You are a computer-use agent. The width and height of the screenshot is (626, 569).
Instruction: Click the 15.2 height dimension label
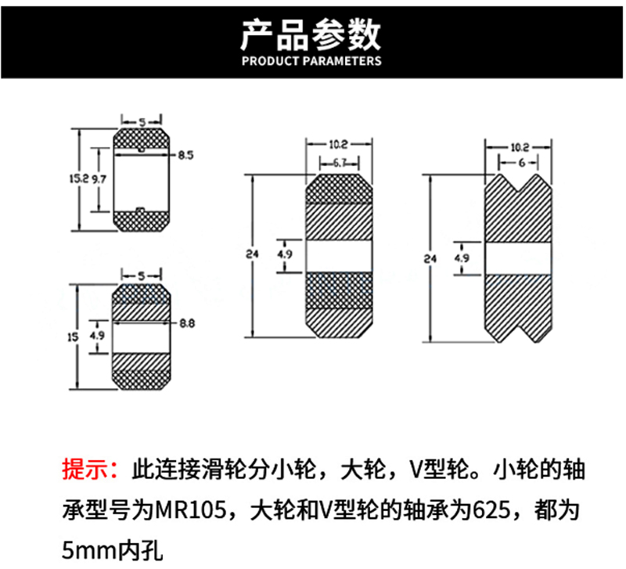(79, 178)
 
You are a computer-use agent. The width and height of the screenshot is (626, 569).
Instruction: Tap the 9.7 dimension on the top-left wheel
(99, 179)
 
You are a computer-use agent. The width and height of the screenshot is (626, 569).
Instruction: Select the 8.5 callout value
(185, 155)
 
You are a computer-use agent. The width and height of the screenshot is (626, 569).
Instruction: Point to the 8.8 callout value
(187, 323)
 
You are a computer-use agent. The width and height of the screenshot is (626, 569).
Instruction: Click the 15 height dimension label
(73, 337)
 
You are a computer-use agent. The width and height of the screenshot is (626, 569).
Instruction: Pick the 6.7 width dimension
(339, 163)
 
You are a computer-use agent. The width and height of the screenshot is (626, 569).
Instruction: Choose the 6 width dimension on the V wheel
(521, 163)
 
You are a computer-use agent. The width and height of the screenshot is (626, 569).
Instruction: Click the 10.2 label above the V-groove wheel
(520, 148)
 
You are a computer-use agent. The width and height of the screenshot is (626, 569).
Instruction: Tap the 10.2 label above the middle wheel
(339, 145)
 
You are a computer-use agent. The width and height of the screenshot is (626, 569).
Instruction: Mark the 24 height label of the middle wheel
(252, 254)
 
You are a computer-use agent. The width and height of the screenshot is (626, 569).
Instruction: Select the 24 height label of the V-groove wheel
(430, 259)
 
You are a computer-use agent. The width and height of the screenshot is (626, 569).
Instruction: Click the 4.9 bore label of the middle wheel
(285, 254)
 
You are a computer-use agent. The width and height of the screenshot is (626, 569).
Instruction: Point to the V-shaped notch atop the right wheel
(519, 182)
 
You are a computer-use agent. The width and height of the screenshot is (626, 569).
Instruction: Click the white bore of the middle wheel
(339, 257)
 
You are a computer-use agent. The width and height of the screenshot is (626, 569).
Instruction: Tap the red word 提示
(85, 469)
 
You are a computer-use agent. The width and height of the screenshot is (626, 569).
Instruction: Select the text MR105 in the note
(191, 510)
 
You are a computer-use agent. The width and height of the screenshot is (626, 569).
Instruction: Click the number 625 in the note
(491, 510)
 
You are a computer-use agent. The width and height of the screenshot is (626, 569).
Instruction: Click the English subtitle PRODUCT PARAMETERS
(311, 61)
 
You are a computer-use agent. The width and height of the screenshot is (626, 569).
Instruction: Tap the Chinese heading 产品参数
(311, 35)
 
